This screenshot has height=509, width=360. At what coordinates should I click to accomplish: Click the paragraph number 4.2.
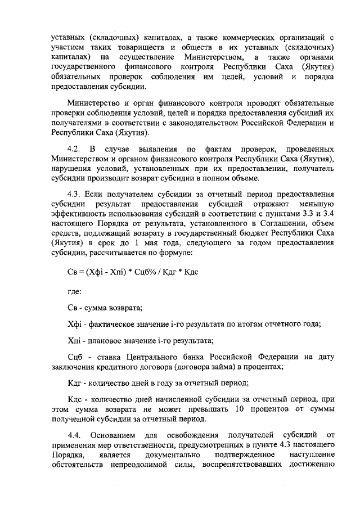tap(74, 150)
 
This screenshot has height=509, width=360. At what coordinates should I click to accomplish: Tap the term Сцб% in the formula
tap(141, 271)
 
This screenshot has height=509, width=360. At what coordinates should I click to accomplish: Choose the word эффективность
tap(80, 214)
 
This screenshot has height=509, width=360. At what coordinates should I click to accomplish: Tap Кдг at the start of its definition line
tap(74, 382)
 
